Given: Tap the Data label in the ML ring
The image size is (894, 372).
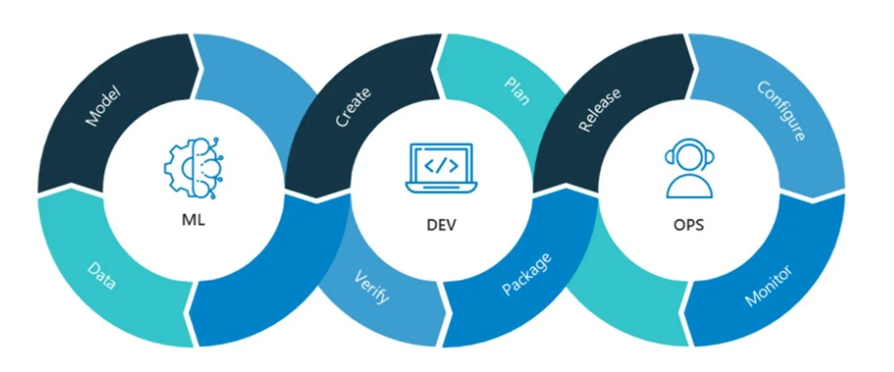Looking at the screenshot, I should tap(102, 276).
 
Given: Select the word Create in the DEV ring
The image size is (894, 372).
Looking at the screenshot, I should tap(353, 107).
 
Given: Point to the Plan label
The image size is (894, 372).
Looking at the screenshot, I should tap(517, 91).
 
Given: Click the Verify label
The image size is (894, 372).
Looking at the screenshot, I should tap(372, 286).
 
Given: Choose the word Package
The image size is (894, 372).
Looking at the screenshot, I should tap(527, 274).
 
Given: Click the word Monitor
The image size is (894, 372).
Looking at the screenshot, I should tap(768, 286).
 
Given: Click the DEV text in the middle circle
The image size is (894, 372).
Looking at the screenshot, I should tap(441, 224).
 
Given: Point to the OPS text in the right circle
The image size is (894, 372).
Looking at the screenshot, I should tap(688, 224).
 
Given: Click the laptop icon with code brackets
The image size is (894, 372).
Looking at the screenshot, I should tap(441, 168).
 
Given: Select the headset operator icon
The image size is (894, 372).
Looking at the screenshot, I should tap(689, 168).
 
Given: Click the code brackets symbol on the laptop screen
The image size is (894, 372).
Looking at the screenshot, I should tap(441, 165).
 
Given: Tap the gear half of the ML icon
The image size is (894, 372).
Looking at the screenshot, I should tap(178, 166).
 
